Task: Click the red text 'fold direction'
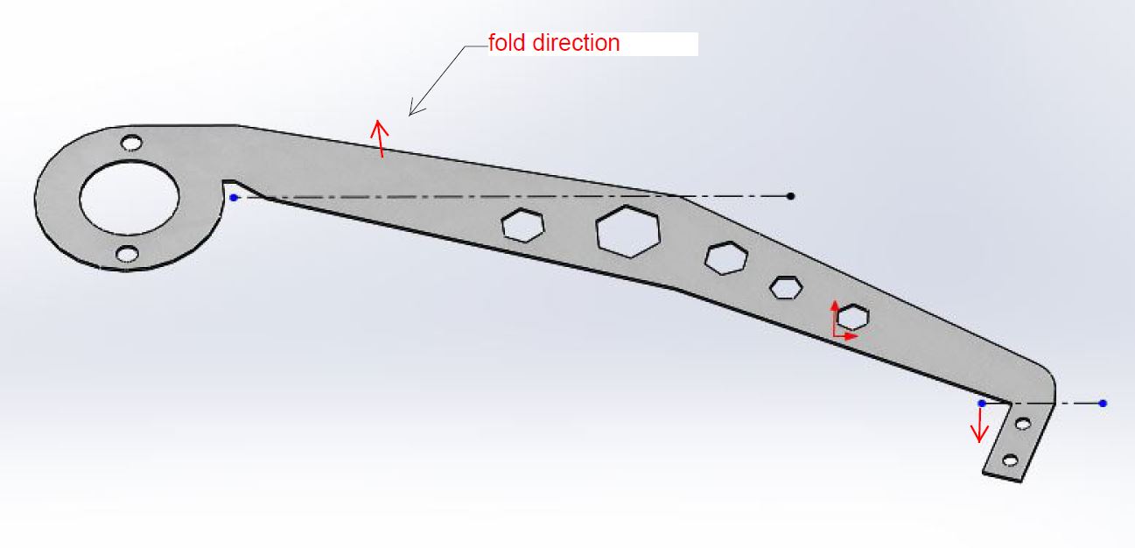point(554,43)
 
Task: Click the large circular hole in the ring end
point(130,197)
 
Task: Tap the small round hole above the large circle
point(131,142)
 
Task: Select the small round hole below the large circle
point(128,254)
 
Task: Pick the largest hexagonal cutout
point(628,231)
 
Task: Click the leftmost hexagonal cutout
point(522,225)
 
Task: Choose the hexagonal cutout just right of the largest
point(726,257)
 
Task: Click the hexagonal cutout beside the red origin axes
point(853,316)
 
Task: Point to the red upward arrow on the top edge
point(380,137)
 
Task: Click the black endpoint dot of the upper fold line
point(791,196)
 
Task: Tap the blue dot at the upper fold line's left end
point(234,198)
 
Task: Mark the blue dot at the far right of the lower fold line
point(1103,404)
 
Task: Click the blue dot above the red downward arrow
point(982,404)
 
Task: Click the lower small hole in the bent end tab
point(1010,460)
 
